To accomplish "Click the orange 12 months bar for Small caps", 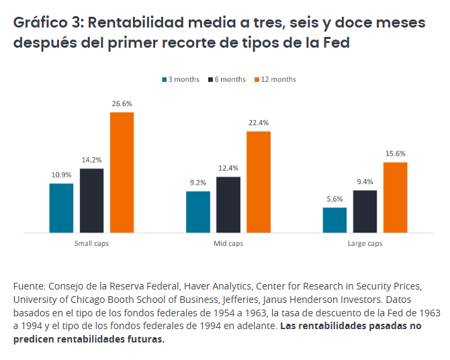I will [x=122, y=172].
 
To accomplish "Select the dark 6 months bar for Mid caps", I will [x=228, y=205].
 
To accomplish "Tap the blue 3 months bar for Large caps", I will [x=334, y=220].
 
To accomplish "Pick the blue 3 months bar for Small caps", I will [x=61, y=208].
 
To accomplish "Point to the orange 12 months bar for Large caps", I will [x=395, y=197].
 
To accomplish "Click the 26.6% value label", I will [x=122, y=104].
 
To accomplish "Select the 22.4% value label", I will [x=258, y=123].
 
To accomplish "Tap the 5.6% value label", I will [x=334, y=199].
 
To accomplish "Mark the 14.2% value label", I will [x=91, y=160].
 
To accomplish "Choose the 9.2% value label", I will [x=197, y=183].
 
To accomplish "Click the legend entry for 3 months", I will [x=182, y=79].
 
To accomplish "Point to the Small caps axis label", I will [x=91, y=243].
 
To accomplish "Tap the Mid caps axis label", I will [x=228, y=243].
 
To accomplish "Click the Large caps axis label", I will [x=365, y=243].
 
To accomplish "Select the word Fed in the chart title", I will [x=336, y=42].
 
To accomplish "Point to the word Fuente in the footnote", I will [x=29, y=285].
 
